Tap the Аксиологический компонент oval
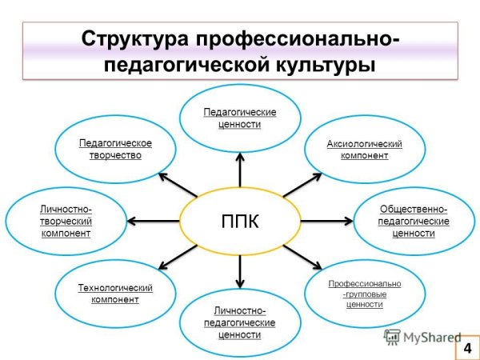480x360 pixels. tap(364, 150)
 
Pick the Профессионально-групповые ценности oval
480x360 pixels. tap(364, 294)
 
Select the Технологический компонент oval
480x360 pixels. tap(115, 293)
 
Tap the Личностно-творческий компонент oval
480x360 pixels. tap(66, 221)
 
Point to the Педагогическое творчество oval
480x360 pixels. tap(115, 149)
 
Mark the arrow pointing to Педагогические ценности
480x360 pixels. tap(240, 170)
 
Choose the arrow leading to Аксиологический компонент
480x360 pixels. tap(299, 185)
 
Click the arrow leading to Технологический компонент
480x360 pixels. tap(178, 257)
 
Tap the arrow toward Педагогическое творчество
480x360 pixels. tap(177, 184)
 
